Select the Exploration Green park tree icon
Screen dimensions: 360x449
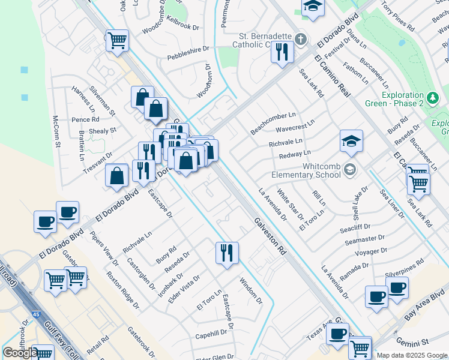pos(432,97)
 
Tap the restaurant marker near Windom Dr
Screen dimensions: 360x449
pos(227,252)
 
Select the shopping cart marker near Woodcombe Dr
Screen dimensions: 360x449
pos(118,40)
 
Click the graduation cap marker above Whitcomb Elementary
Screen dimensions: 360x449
pos(351,141)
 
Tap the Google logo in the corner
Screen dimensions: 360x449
pos(19,353)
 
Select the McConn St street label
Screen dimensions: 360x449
pos(57,133)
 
